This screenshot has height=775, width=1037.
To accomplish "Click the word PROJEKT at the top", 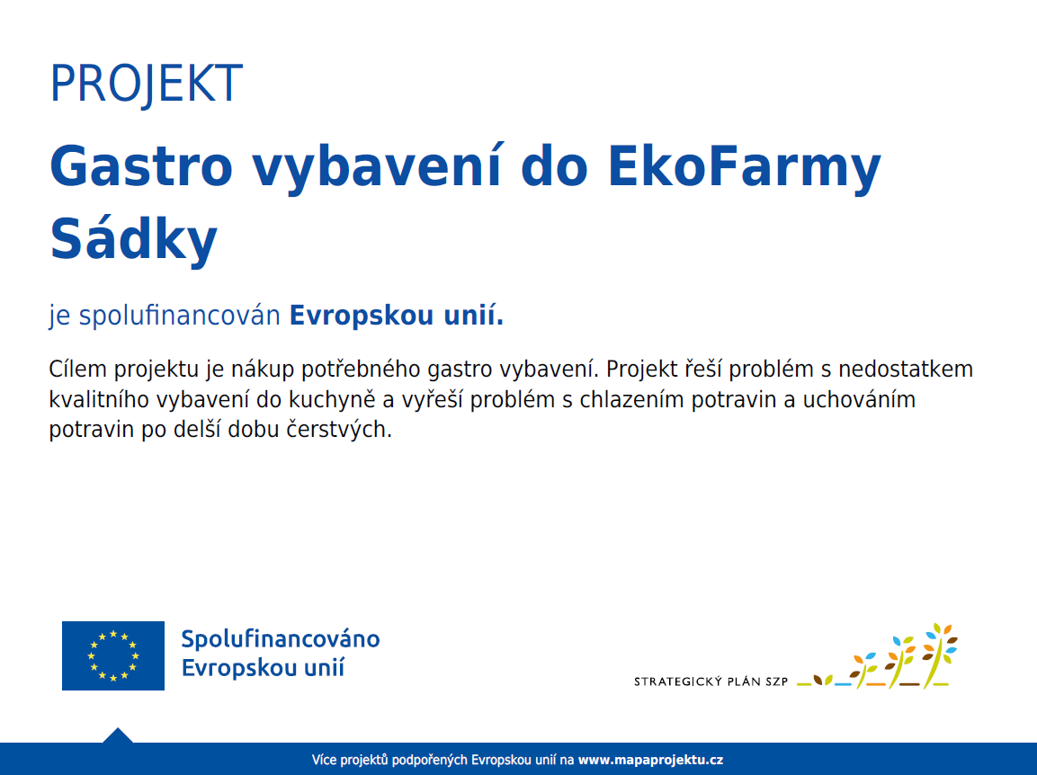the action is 147,84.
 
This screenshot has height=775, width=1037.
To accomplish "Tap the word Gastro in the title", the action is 141,166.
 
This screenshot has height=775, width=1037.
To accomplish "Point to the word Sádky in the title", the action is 134,239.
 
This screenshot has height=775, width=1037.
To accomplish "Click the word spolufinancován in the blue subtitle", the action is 180,316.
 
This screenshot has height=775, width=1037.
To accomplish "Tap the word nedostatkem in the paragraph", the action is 906,369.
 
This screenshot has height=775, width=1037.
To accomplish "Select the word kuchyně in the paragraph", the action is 332,400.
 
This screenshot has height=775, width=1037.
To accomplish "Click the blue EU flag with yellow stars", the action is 113,655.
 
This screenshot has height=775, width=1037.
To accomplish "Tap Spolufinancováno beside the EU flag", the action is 281,639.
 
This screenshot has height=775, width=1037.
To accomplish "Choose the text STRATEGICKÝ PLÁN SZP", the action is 711,681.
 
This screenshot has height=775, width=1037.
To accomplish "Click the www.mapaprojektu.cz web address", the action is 651,760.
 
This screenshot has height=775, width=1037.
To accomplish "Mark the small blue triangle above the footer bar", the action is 118,735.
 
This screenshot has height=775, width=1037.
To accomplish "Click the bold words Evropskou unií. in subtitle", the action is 397,316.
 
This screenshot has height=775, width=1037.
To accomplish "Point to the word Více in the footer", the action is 324,760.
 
